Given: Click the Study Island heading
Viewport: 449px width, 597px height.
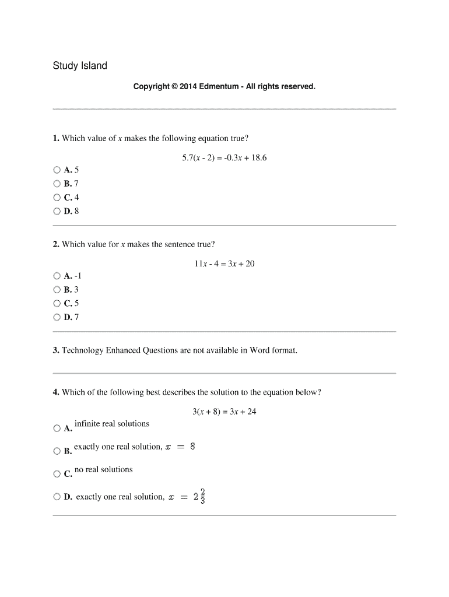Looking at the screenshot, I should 80,66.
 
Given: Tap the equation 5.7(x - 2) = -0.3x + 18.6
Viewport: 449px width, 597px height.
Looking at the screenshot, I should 224,157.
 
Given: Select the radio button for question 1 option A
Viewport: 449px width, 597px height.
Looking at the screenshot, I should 57,170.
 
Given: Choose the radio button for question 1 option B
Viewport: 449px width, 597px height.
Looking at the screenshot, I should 57,184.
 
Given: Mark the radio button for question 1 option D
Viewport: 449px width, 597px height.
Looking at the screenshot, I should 57,212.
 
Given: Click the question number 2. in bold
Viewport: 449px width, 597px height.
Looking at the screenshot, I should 56,244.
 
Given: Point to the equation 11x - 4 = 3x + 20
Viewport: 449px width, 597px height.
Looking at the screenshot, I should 224,264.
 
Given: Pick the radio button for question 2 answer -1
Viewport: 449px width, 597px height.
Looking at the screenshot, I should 57,276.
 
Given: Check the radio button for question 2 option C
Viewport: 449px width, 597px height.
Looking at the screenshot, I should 57,303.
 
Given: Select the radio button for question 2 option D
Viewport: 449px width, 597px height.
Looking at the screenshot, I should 57,317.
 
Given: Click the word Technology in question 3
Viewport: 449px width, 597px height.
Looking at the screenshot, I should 83,350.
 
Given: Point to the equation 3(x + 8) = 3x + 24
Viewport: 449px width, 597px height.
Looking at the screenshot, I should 224,412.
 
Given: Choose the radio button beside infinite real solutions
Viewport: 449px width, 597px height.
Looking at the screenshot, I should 57,429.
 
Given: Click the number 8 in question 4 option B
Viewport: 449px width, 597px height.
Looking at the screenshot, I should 192,447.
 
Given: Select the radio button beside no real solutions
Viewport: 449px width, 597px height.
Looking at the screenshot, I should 57,474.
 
